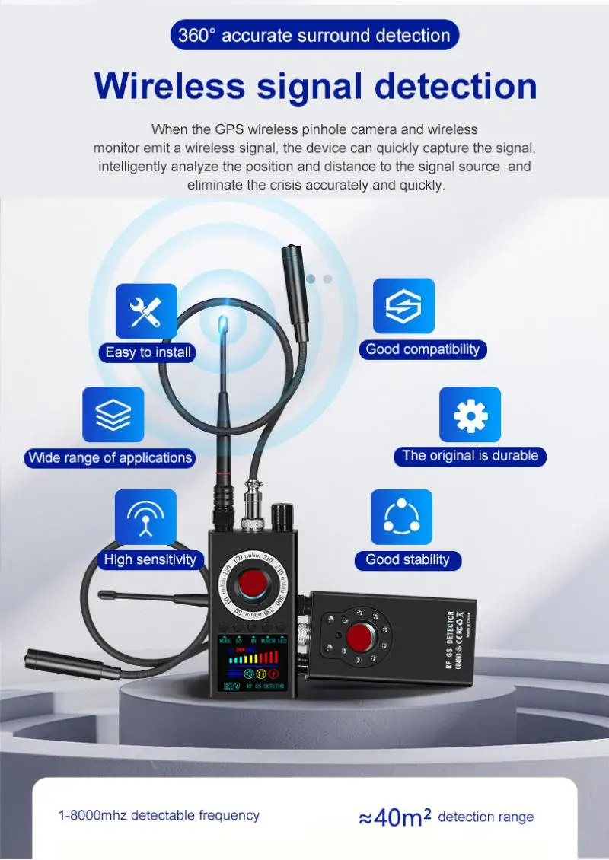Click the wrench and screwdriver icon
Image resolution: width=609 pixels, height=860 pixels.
coord(146,311)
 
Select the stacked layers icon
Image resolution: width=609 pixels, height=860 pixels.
coord(113,415)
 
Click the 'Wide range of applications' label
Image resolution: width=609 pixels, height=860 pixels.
coord(110,458)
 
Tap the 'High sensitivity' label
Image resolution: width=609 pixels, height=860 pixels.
coord(150,560)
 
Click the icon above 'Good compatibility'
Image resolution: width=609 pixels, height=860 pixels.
coord(403,306)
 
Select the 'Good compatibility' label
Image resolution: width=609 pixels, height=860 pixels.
coord(422,350)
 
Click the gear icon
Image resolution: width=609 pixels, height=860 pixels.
coord(470,415)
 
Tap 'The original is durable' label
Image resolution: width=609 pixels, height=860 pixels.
coord(470,457)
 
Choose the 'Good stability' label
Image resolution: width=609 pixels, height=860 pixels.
coord(407,560)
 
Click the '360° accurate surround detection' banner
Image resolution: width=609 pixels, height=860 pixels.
coord(314,35)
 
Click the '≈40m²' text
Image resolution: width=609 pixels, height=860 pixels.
coord(394,817)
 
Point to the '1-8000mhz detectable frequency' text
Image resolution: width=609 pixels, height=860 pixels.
coord(159,816)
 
